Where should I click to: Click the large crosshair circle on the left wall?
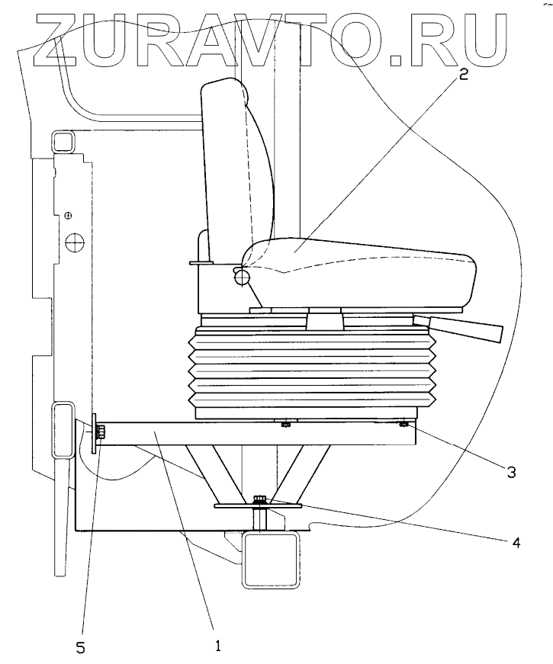pos(74,243)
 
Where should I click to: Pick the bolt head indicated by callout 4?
pos(257,500)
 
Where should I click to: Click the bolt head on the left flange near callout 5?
pos(102,434)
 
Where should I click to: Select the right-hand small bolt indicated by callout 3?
pos(403,424)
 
